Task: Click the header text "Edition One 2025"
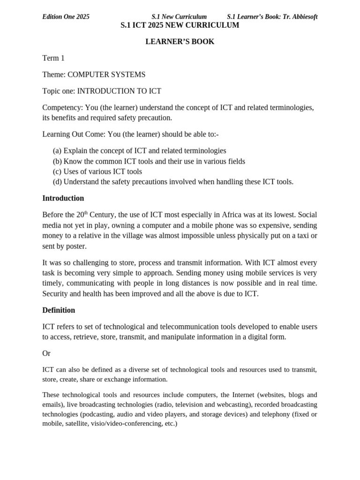66,17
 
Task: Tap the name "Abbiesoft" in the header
303,17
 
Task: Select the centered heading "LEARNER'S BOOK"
180,42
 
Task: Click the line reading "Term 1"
53,58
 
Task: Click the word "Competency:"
63,107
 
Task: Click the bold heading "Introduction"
63,198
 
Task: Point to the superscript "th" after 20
86,213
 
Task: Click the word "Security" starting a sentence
56,294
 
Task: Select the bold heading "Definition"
59,310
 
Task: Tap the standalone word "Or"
46,353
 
